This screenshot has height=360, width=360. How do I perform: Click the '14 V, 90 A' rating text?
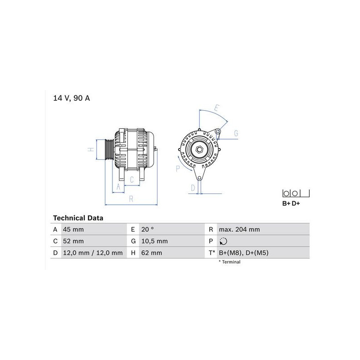pyautogui.click(x=72, y=98)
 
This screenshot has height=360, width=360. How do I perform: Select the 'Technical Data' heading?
pyautogui.click(x=78, y=218)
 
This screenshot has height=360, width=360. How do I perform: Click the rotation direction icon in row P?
pyautogui.click(x=223, y=241)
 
